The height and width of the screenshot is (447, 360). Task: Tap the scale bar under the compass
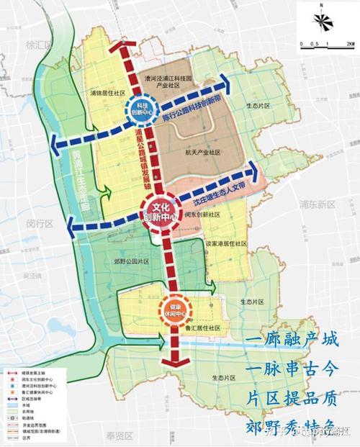point(322,44)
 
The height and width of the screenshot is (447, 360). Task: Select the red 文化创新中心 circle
point(157,211)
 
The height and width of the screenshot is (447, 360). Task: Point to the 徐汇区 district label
point(36,44)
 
